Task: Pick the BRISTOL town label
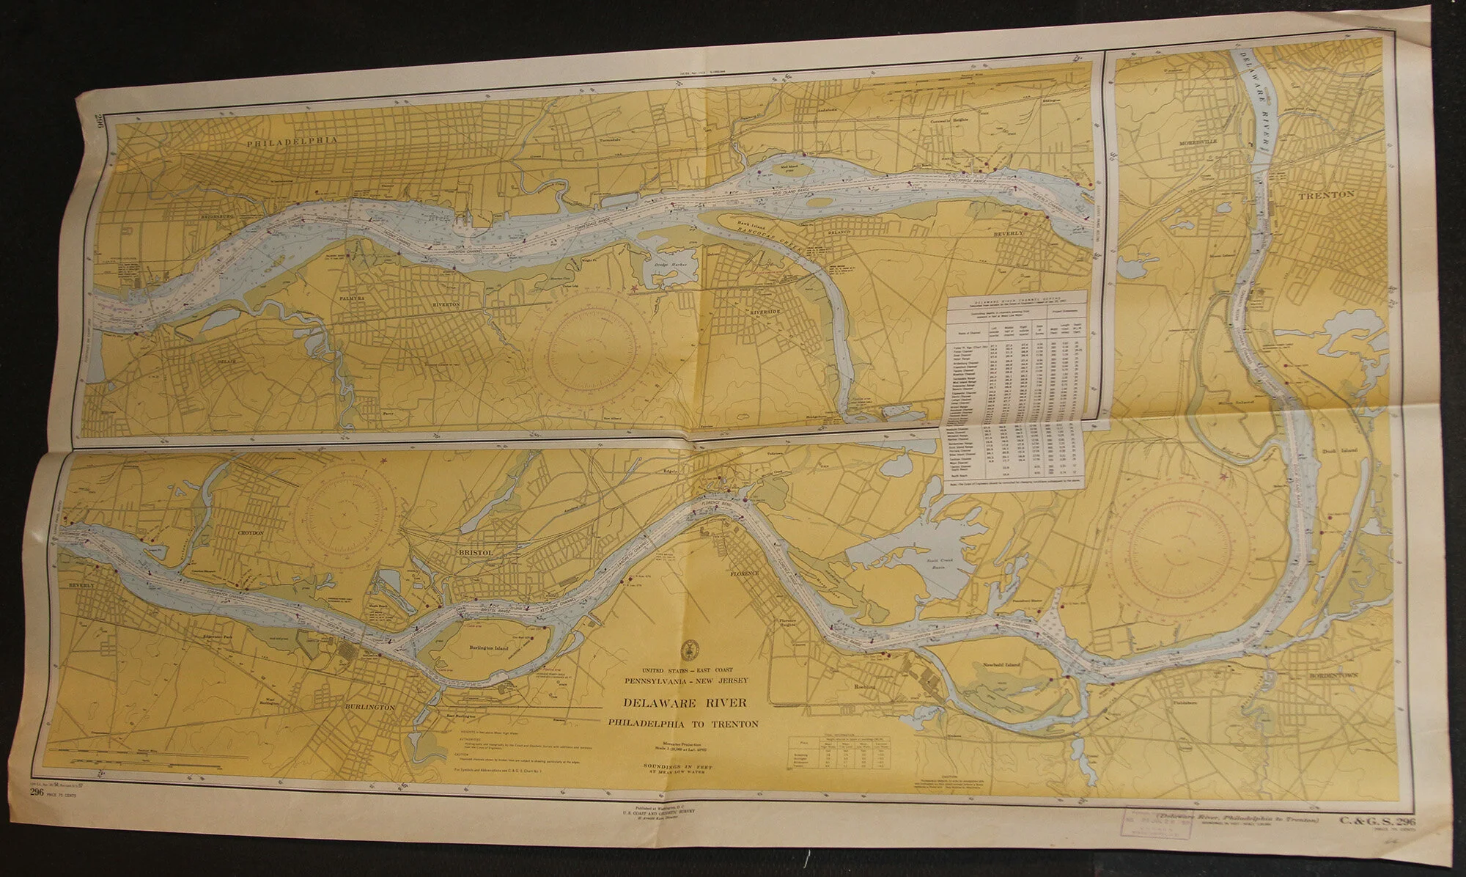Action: click(x=482, y=551)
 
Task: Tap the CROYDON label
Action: click(x=249, y=533)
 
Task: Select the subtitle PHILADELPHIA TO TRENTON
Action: click(x=683, y=723)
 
